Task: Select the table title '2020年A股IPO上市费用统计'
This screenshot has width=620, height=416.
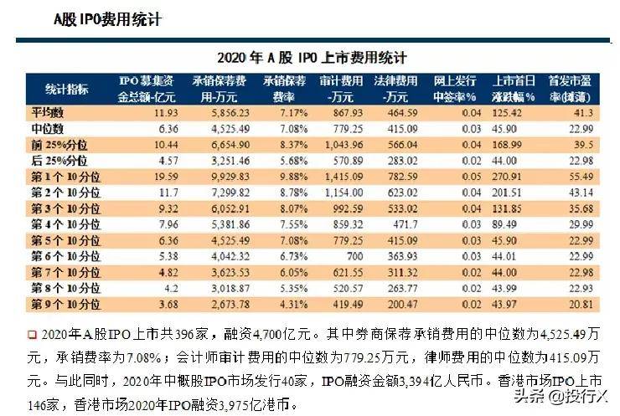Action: [x=311, y=58]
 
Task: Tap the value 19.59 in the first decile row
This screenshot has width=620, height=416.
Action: [x=166, y=176]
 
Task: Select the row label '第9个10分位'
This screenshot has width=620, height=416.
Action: [x=64, y=302]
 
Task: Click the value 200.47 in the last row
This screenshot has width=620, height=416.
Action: [x=402, y=302]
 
